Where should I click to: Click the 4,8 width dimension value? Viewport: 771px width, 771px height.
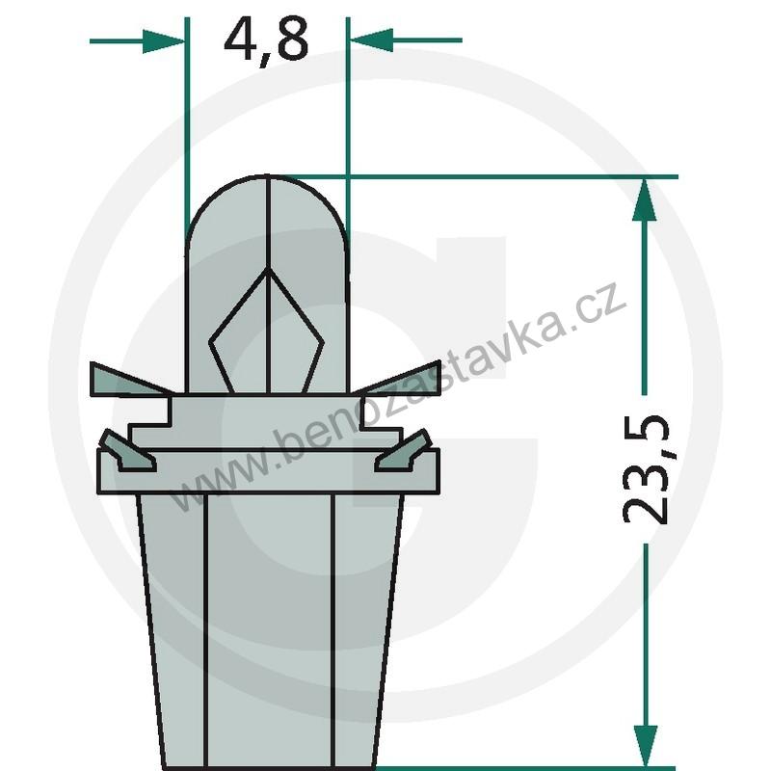[x=266, y=40]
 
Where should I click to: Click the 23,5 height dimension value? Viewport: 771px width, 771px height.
[x=645, y=469]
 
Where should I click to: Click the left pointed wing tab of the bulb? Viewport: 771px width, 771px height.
[x=125, y=380]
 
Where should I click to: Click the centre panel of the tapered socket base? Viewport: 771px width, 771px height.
[x=270, y=626]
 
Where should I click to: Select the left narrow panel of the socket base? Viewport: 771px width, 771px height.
[x=175, y=626]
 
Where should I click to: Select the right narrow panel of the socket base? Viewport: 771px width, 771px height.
[x=364, y=626]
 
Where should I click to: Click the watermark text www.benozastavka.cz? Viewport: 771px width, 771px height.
[x=405, y=395]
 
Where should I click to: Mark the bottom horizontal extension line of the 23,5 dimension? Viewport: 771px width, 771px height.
[x=540, y=767]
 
